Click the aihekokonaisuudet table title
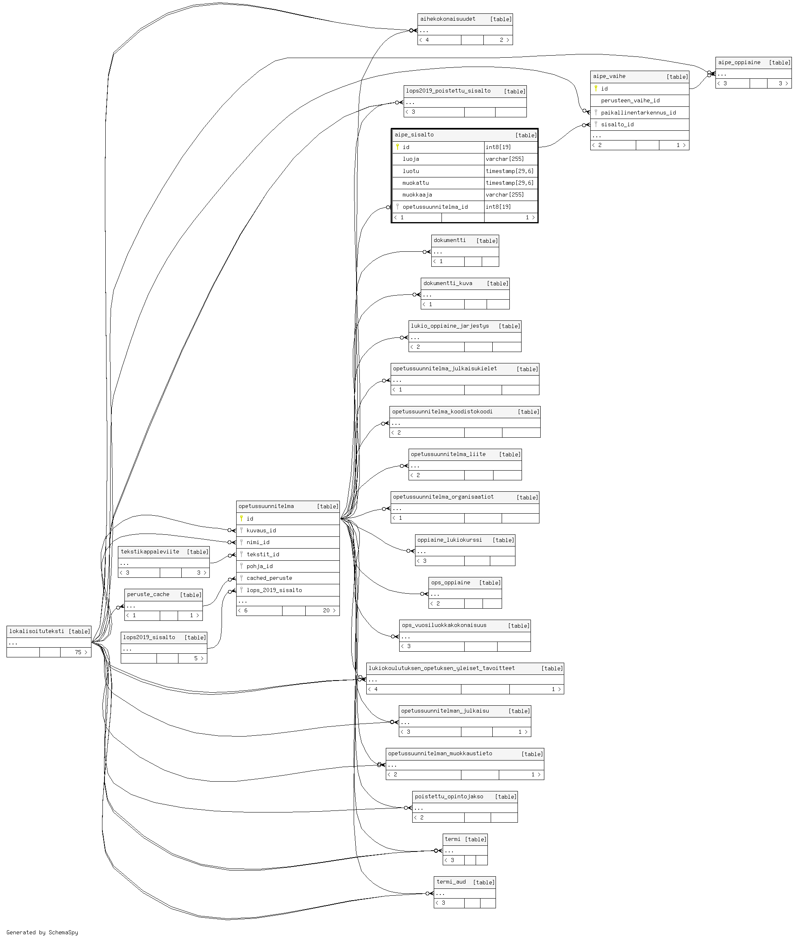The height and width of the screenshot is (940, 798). [x=448, y=19]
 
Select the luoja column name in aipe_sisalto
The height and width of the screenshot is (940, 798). [x=411, y=159]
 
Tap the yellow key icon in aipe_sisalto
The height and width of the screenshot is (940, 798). [x=397, y=147]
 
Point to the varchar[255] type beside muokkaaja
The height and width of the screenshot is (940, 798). [x=505, y=195]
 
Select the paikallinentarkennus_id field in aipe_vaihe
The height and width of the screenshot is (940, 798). [x=638, y=112]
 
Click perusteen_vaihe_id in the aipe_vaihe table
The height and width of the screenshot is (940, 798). [x=630, y=101]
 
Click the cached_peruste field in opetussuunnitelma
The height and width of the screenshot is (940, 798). [x=269, y=578]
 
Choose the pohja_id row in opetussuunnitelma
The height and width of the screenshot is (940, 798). [x=260, y=566]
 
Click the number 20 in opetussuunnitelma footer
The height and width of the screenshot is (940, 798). [x=326, y=611]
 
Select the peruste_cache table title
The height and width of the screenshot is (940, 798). [x=148, y=594]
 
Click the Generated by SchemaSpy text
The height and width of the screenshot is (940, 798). [x=42, y=932]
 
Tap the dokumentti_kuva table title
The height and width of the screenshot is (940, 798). [x=448, y=283]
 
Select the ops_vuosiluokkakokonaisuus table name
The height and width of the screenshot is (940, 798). [x=444, y=625]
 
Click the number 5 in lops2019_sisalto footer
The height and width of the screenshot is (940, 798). [x=196, y=659]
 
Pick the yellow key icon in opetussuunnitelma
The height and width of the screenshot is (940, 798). [x=241, y=519]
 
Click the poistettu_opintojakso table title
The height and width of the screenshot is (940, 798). [x=449, y=796]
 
